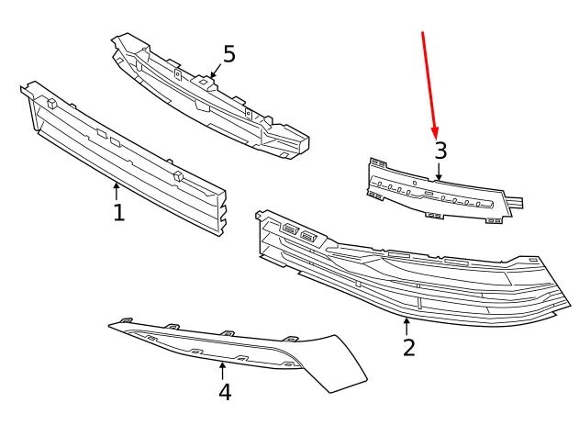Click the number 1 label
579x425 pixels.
[x=118, y=213]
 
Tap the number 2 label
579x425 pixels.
[x=409, y=347]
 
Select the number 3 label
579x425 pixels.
[x=440, y=151]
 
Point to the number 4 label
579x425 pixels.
[x=224, y=392]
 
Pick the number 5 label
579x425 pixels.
[x=228, y=54]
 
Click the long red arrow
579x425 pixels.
[x=429, y=83]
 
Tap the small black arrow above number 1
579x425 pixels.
[x=117, y=191]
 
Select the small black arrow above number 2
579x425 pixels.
[x=406, y=325]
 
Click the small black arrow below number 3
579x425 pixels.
[x=440, y=171]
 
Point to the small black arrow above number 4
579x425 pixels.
[x=222, y=370]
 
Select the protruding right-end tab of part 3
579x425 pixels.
[x=517, y=199]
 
